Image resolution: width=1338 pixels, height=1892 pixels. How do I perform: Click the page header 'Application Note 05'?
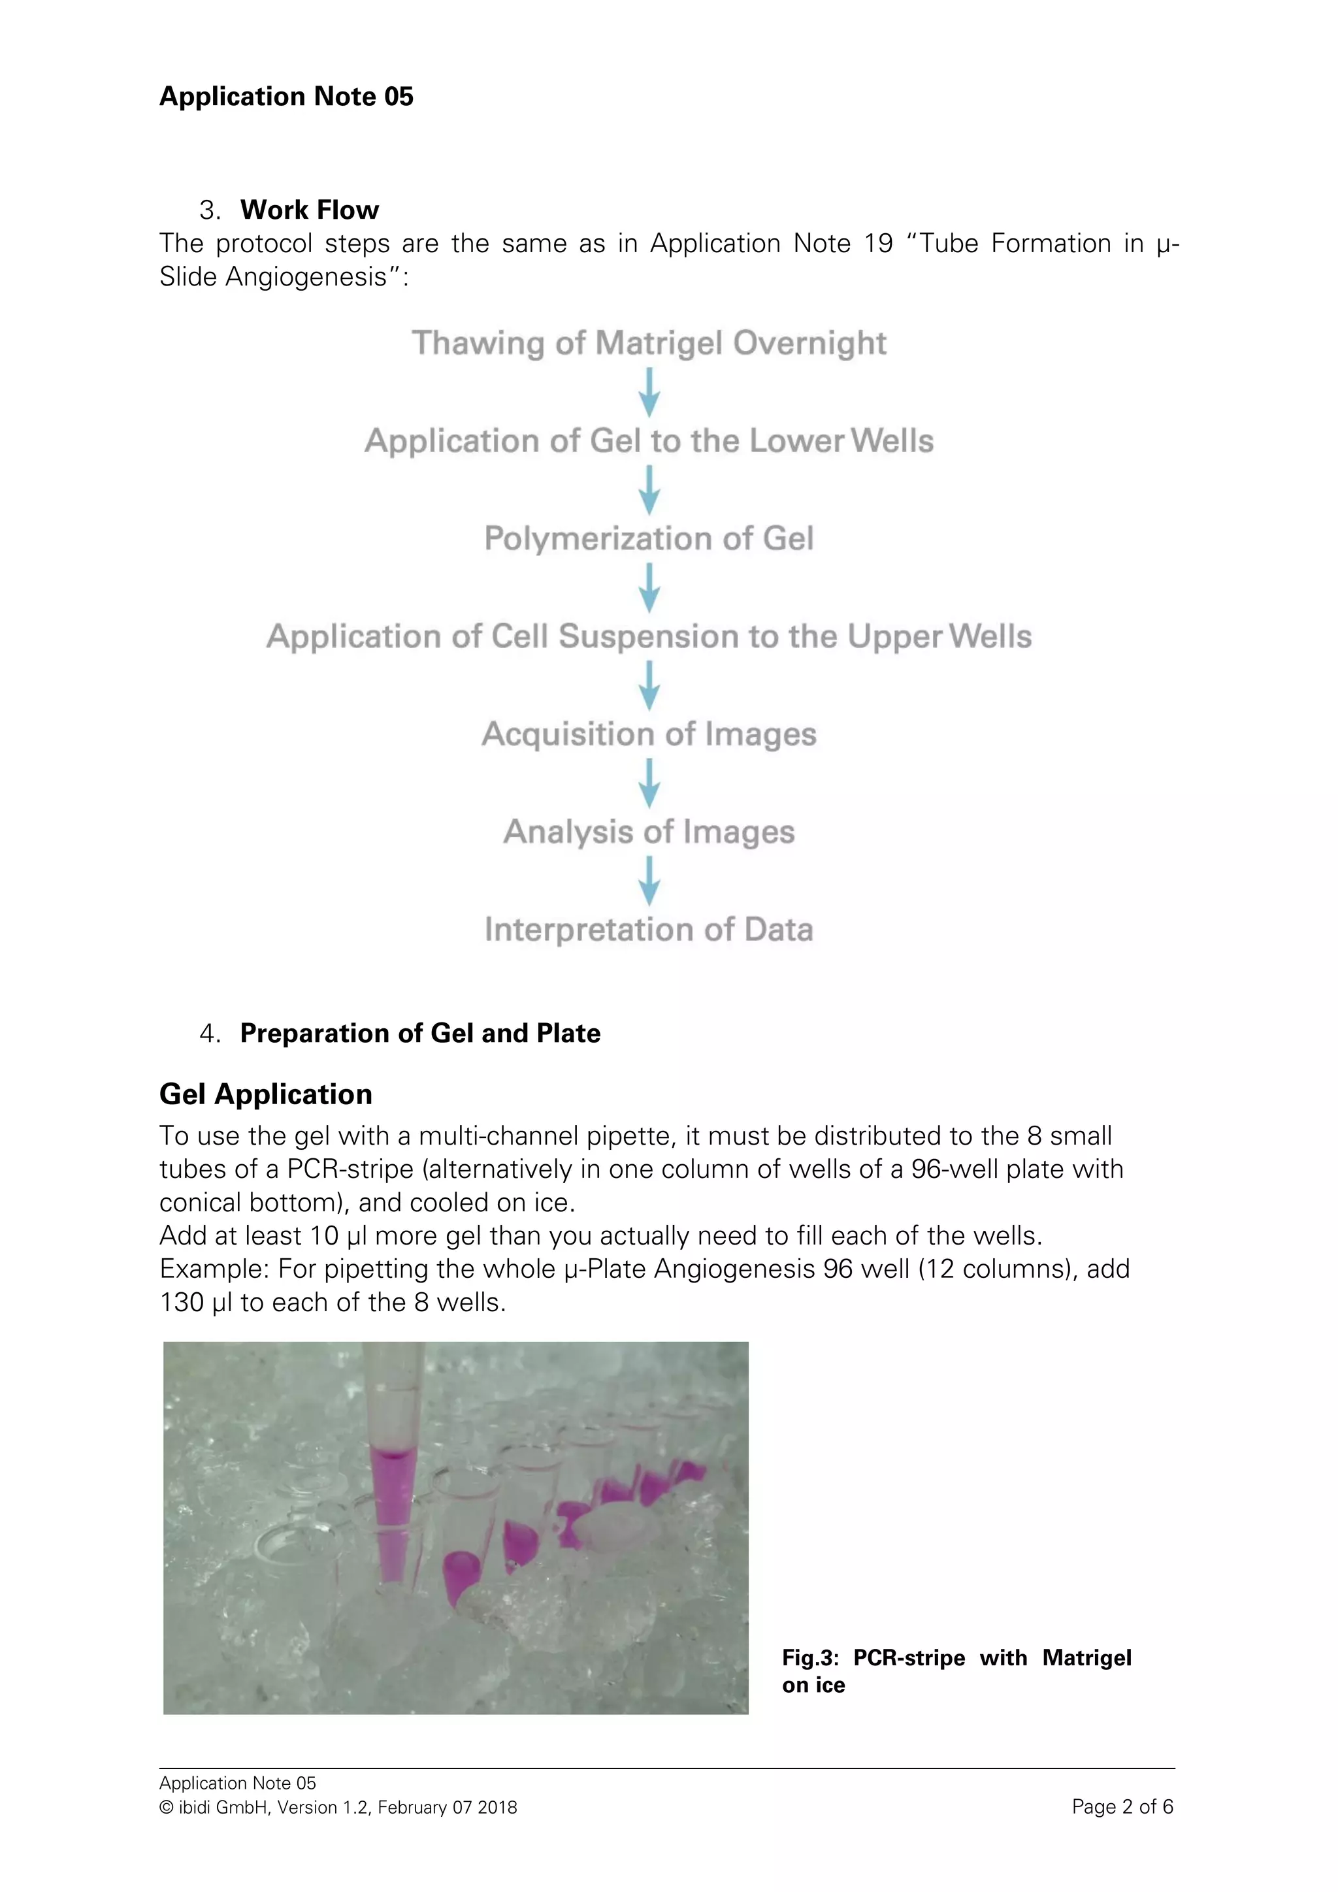pos(286,97)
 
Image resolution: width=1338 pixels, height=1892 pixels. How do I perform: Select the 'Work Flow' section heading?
pos(309,210)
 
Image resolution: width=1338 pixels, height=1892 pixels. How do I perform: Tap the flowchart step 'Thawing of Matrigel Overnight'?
pos(649,343)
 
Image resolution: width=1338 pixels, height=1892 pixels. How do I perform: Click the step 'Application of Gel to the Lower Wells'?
pos(649,441)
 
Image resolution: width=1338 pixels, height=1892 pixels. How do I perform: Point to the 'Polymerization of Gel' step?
pos(649,539)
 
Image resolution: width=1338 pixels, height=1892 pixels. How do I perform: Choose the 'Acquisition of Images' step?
pos(649,734)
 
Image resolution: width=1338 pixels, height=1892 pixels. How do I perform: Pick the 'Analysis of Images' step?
pos(649,832)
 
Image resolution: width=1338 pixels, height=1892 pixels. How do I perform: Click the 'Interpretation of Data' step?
pos(649,930)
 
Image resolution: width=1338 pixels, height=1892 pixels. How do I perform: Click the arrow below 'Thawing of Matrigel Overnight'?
pos(649,392)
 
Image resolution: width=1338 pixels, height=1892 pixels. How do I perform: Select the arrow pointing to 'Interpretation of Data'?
pos(649,881)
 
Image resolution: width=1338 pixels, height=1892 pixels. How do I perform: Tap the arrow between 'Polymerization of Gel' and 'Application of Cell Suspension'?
pos(649,587)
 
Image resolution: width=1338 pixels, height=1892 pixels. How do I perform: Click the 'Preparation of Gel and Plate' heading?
pos(420,1034)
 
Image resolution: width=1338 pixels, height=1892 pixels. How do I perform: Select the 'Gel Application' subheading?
pos(265,1094)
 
